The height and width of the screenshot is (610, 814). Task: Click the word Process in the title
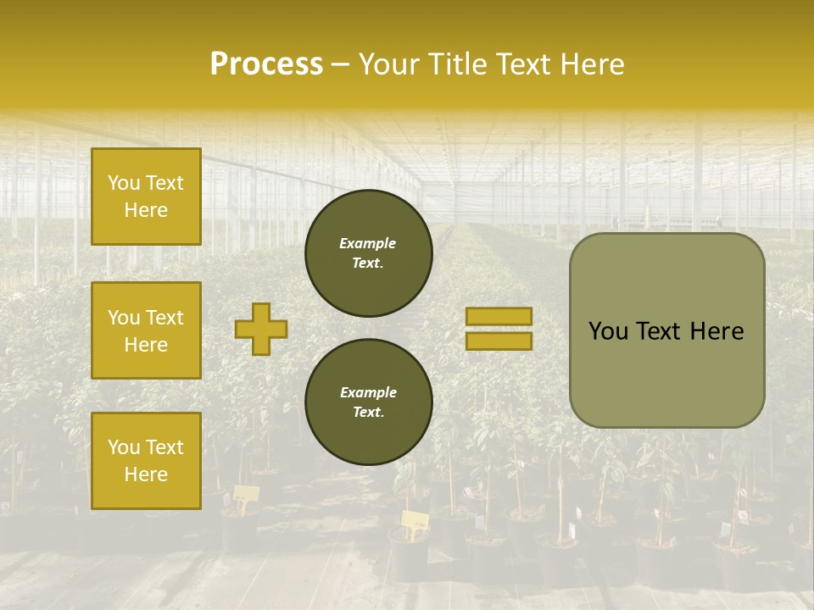[266, 64]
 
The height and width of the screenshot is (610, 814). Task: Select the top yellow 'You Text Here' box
[146, 197]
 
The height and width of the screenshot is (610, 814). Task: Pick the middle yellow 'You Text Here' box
[146, 330]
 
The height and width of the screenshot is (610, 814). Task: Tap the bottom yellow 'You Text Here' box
[146, 461]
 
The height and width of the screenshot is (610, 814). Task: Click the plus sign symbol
[260, 329]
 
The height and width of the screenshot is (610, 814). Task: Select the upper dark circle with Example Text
[369, 252]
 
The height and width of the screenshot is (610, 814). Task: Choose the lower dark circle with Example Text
[369, 402]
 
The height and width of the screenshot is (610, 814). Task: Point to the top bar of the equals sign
[499, 316]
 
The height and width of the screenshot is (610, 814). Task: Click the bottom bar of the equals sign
[499, 341]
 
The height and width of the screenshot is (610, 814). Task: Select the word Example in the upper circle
[368, 243]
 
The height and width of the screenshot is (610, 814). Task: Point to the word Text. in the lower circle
[368, 412]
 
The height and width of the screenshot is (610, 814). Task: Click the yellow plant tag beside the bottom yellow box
[245, 495]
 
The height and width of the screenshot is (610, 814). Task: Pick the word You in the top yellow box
[123, 183]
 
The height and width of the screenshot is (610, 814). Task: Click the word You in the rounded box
[608, 331]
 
